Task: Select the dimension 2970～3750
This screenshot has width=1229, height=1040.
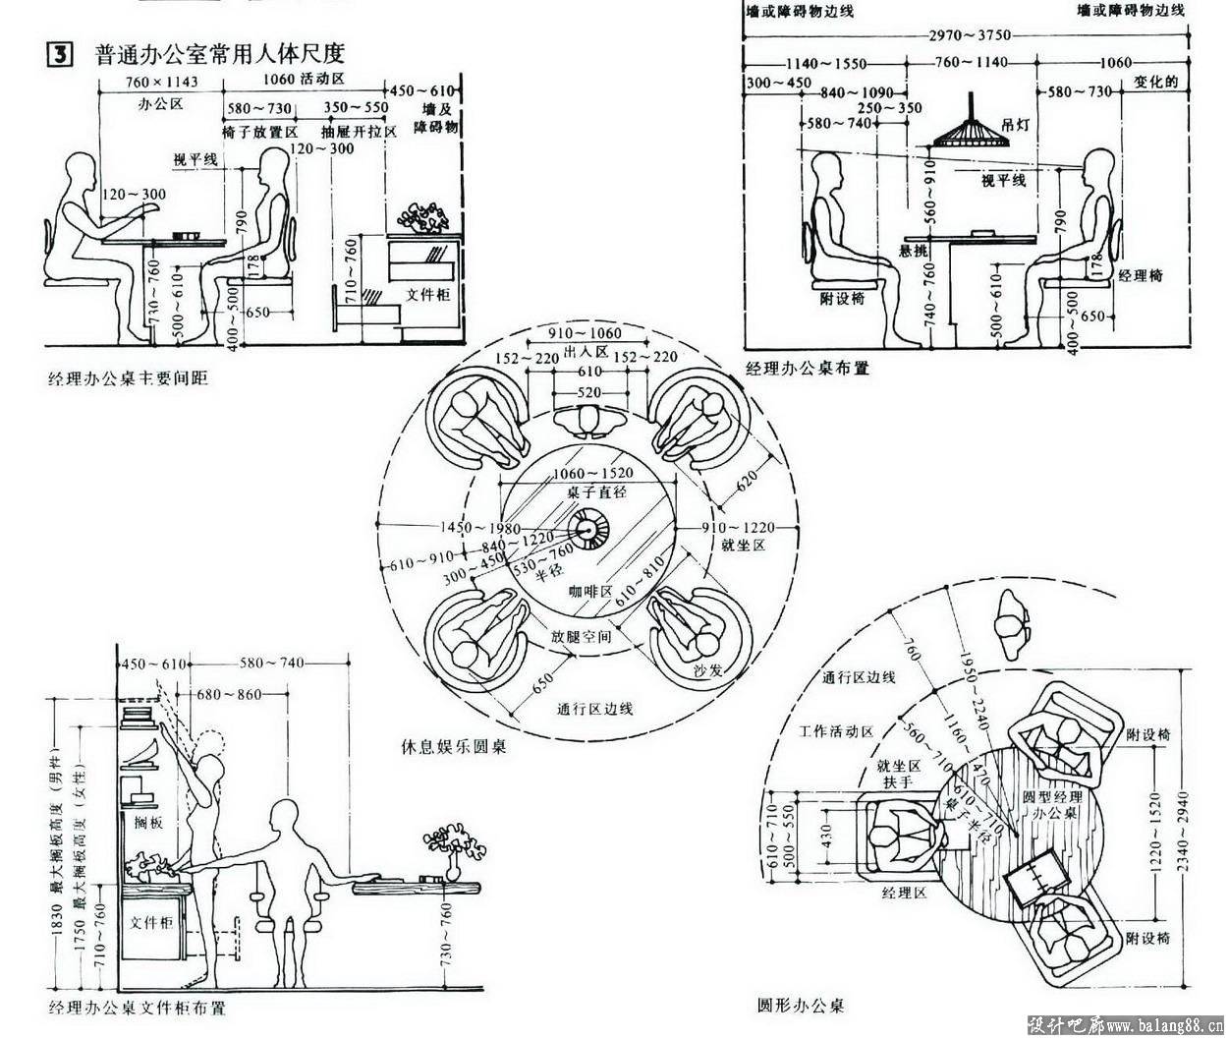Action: click(x=970, y=35)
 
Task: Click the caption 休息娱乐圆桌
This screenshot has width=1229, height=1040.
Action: click(x=454, y=746)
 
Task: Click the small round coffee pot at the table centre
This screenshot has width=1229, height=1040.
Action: click(x=593, y=531)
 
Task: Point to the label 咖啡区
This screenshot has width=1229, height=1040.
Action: click(x=590, y=592)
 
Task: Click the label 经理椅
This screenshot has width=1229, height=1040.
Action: click(x=1140, y=276)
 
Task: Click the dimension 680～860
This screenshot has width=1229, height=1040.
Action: click(x=229, y=695)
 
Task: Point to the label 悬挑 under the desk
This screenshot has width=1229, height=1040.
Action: click(x=913, y=250)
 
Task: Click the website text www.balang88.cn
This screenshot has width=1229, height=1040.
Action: click(x=1163, y=1026)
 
